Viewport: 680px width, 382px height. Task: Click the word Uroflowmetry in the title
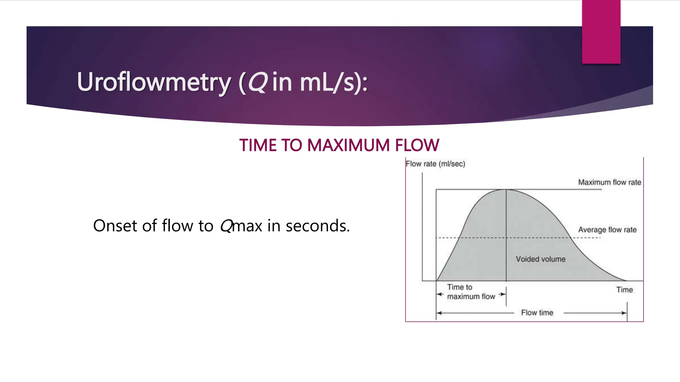[x=153, y=82]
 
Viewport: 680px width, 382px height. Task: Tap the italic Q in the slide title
[x=257, y=82]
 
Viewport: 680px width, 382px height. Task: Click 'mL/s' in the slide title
[x=327, y=82]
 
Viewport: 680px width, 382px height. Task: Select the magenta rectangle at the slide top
[x=601, y=32]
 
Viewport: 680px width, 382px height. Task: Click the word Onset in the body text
[x=115, y=226]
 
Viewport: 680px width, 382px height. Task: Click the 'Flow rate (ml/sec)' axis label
[x=435, y=164]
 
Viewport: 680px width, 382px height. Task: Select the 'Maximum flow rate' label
[x=609, y=182]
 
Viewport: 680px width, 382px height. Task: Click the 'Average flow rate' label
[x=607, y=230]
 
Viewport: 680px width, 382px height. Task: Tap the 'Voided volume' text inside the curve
[x=540, y=259]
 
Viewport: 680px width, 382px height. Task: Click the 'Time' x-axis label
[x=624, y=290]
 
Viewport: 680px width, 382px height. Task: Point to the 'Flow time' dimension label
[x=537, y=313]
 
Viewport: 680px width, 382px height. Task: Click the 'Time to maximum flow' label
[x=470, y=292]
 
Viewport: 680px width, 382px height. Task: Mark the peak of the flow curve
[x=506, y=190]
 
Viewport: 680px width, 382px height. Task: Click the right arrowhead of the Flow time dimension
[x=625, y=313]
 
